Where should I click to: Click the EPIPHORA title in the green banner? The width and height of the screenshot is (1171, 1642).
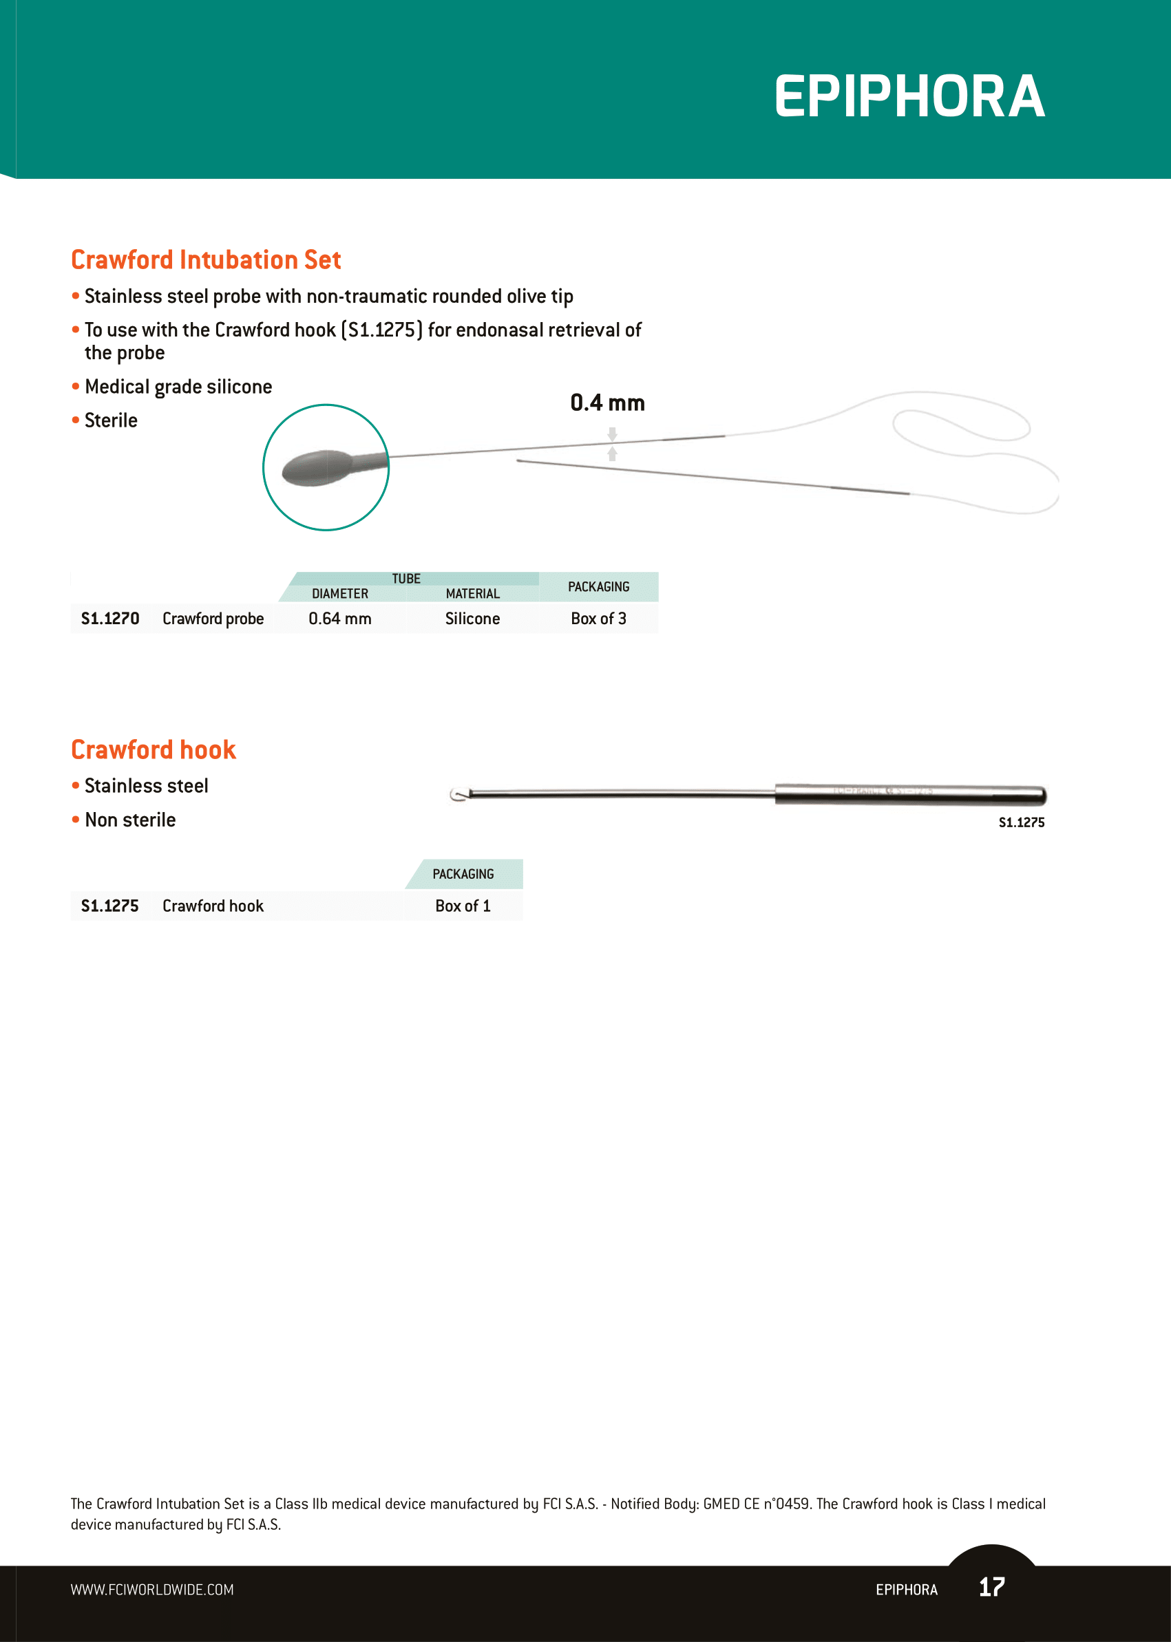click(909, 96)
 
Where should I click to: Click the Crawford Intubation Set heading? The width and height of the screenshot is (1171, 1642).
click(206, 259)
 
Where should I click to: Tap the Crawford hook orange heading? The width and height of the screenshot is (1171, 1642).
click(153, 749)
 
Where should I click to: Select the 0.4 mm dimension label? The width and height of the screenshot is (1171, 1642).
click(607, 403)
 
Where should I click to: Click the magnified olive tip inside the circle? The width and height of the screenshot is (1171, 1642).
click(317, 467)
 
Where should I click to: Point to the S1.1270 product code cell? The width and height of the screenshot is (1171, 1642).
click(109, 619)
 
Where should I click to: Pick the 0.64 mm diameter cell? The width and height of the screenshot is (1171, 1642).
click(339, 619)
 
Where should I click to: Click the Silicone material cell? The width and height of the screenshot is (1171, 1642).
click(472, 619)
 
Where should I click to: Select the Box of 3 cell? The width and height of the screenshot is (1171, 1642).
click(598, 619)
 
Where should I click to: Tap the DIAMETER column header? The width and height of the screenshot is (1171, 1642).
click(339, 593)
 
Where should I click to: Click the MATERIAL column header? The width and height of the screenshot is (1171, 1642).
click(472, 593)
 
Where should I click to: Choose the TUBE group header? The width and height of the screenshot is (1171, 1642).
click(406, 578)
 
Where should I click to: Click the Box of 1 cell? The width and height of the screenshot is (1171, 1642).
click(463, 906)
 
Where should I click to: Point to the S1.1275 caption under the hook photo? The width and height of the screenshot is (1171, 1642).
click(1021, 822)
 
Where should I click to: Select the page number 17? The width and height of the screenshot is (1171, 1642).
click(991, 1586)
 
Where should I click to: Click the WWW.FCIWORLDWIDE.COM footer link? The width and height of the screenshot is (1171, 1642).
click(152, 1590)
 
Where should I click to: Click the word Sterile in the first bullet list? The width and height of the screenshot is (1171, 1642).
click(111, 420)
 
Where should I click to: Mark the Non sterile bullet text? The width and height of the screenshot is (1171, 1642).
click(130, 820)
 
